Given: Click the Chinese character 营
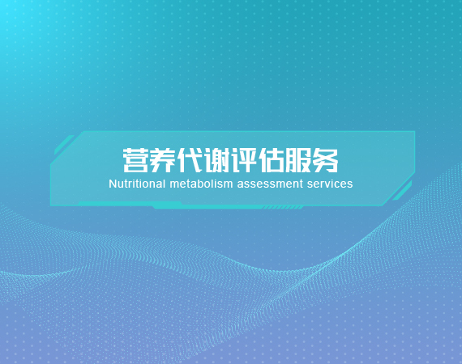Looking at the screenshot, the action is click(x=135, y=160).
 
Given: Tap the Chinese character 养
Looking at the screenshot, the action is click(x=162, y=160).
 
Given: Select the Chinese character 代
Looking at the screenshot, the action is click(x=190, y=160).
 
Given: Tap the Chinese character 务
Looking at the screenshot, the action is click(x=325, y=160).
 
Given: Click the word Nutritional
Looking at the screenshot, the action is click(x=137, y=184).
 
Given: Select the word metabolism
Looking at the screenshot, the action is click(x=201, y=184).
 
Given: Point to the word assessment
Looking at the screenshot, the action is click(x=270, y=184).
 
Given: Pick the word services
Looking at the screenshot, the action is click(x=330, y=184).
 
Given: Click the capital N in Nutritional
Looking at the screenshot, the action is click(x=113, y=184).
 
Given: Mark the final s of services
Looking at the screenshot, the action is click(x=349, y=185).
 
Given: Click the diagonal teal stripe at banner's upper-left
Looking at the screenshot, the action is click(x=64, y=145).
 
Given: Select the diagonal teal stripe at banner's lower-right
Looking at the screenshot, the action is click(x=403, y=191).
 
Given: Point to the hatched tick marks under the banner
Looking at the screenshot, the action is click(x=283, y=208).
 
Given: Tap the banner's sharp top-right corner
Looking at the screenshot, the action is click(x=415, y=131).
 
